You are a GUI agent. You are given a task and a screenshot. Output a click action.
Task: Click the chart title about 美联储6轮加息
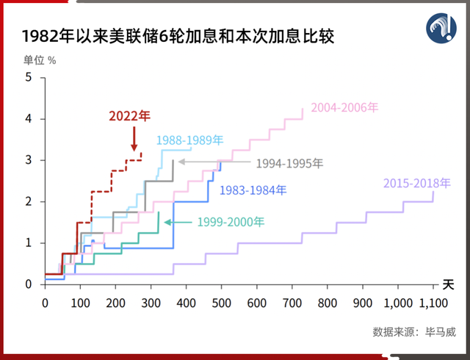[178, 36]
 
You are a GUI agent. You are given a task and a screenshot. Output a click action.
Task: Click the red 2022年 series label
[129, 116]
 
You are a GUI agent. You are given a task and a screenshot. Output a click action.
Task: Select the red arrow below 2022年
[134, 139]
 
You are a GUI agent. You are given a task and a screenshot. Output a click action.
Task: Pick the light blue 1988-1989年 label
[189, 139]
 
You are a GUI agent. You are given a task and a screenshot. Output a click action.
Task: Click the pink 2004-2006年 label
[344, 107]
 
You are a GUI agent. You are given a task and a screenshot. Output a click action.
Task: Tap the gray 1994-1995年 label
[289, 164]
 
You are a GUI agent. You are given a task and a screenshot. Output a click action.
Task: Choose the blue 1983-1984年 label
[253, 191]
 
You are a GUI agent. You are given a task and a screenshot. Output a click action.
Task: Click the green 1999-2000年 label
[231, 221]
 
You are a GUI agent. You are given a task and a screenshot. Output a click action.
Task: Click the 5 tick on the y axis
[28, 77]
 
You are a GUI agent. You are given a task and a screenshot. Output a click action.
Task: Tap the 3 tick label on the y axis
[28, 160]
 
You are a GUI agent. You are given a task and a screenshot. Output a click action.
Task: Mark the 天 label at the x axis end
[448, 284]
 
